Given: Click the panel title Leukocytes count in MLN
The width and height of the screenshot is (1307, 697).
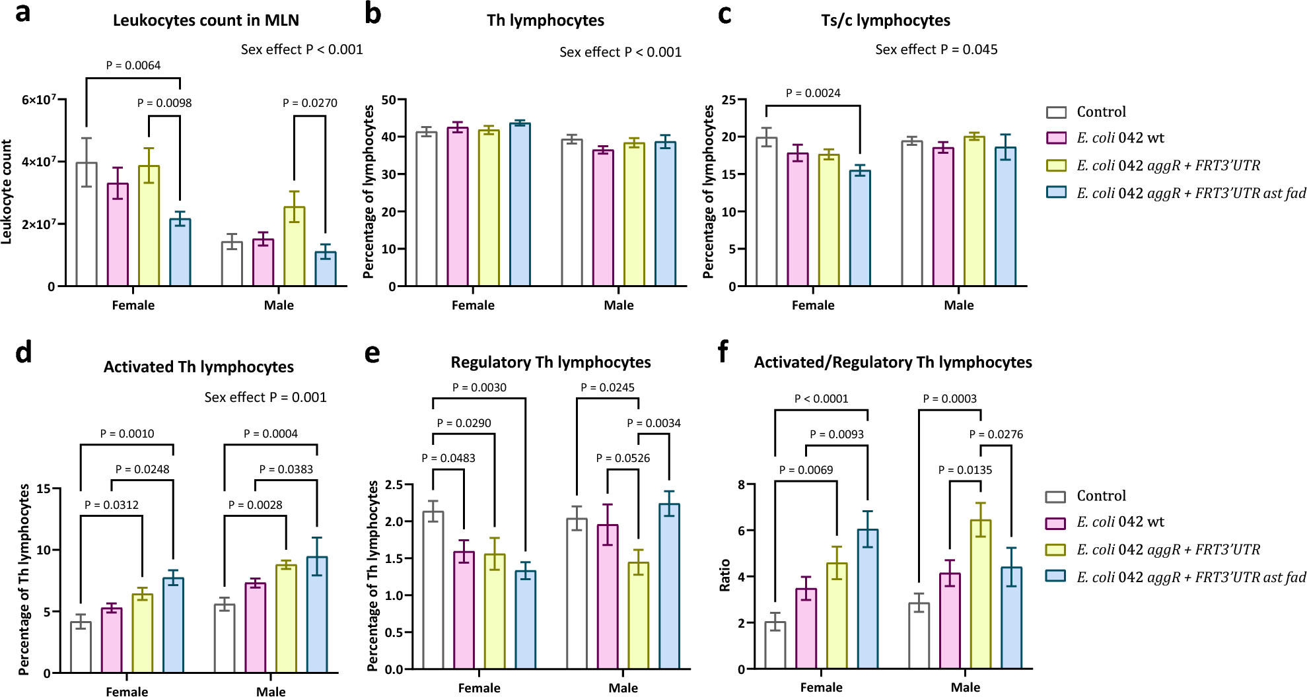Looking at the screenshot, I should tap(205, 20).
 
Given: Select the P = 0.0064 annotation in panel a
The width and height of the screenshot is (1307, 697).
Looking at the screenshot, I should tap(133, 65).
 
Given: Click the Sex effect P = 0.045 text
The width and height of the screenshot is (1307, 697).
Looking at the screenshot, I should tap(936, 50).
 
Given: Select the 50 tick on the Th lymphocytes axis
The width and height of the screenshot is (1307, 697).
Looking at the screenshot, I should tap(388, 100).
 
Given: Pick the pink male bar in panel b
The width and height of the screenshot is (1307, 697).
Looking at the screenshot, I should tap(603, 218).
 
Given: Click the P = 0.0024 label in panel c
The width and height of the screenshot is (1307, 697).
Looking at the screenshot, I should tap(813, 93).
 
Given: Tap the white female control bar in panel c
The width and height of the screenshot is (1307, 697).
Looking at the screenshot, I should tap(767, 212).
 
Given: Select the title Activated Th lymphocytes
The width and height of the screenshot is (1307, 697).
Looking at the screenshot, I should tap(198, 367).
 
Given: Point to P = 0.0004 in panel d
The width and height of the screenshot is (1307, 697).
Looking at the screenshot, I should tap(270, 434).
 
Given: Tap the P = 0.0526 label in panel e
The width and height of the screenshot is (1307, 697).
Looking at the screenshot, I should tap(623, 458).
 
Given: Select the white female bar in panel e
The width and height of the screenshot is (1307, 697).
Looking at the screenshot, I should tap(433, 590).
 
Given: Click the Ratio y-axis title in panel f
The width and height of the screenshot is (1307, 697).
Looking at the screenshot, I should tap(724, 575).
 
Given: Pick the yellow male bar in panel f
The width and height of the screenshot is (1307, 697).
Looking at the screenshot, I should tap(980, 594).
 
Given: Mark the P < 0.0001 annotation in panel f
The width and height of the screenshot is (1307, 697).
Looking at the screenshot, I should tap(821, 399).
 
